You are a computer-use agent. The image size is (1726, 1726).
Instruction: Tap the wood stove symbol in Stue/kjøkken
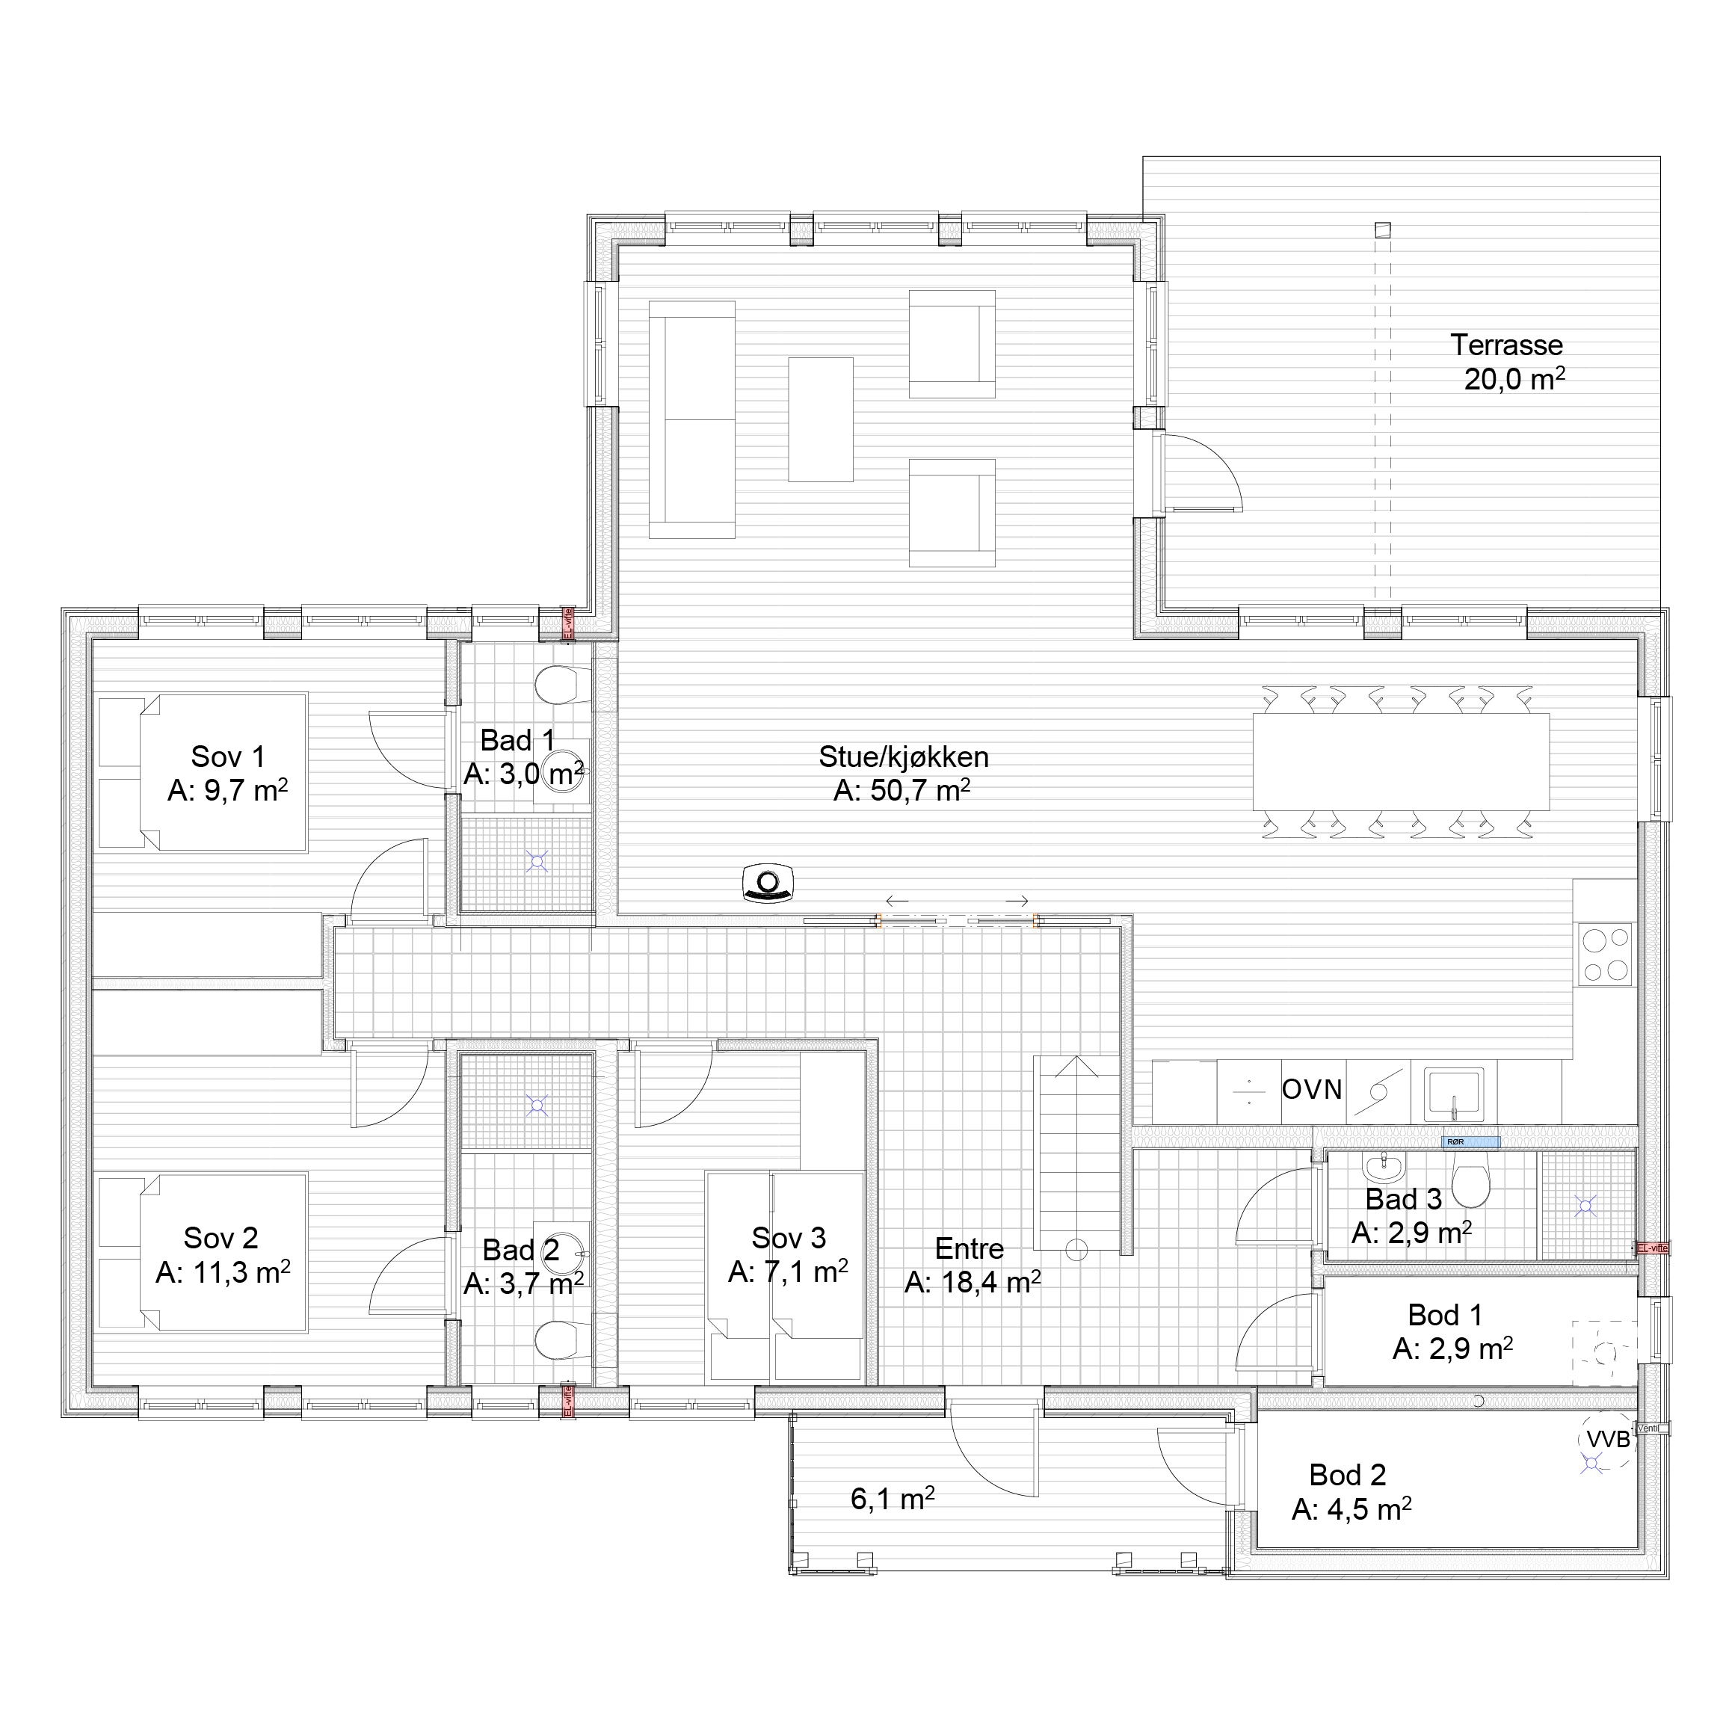click(768, 884)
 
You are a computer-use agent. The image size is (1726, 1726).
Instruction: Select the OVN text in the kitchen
click(1311, 1090)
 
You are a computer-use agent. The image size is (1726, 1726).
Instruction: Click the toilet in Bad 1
click(559, 685)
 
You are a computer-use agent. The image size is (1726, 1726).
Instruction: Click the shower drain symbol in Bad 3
click(1585, 1207)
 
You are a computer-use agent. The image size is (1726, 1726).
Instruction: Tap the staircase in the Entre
click(1076, 1153)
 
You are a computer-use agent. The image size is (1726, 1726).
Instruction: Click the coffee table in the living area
click(820, 419)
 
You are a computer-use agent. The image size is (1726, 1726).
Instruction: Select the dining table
click(1401, 762)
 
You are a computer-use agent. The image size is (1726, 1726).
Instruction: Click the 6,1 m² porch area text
click(892, 1499)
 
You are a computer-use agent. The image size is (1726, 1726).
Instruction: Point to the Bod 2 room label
click(1347, 1475)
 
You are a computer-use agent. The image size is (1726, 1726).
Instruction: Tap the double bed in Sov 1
click(224, 773)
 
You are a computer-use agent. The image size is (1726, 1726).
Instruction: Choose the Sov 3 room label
click(788, 1238)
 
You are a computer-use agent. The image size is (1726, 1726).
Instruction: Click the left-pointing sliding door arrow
click(897, 901)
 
